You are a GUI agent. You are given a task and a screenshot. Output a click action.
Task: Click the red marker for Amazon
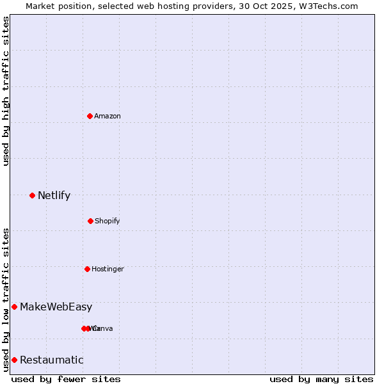(90, 116)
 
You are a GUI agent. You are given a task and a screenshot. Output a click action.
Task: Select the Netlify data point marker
(32, 195)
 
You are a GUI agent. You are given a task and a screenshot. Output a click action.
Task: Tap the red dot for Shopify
(90, 221)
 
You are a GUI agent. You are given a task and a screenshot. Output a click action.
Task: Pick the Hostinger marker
(87, 269)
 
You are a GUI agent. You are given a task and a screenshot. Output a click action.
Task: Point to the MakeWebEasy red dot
(14, 307)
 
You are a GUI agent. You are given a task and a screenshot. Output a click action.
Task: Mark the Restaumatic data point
(14, 360)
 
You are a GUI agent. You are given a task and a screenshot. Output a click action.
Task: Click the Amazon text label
(108, 116)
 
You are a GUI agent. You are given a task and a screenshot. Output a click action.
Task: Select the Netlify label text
(54, 195)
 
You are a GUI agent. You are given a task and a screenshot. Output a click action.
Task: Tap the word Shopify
(108, 221)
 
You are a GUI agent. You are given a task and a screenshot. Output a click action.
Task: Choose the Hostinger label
(108, 269)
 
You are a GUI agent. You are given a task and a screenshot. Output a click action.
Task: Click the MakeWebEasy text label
(56, 307)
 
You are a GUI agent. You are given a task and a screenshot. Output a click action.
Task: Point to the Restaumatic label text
(52, 360)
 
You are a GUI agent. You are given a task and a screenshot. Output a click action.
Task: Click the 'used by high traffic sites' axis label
(6, 91)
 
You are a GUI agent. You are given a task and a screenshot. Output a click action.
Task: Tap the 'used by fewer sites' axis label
(66, 379)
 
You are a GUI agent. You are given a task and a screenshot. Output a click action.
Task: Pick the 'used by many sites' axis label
(321, 379)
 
